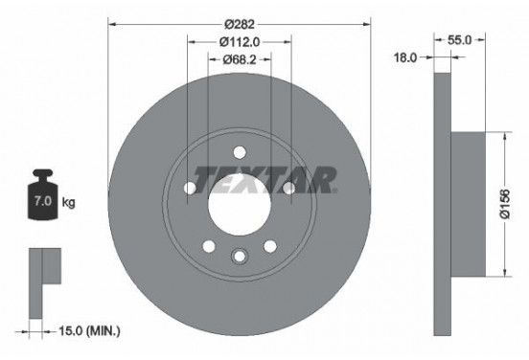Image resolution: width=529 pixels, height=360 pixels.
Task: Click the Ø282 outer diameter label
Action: pyautogui.click(x=239, y=24)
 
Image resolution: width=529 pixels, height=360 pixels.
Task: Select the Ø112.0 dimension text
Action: pyautogui.click(x=240, y=42)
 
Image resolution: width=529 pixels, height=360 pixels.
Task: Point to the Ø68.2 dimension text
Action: pyautogui.click(x=240, y=60)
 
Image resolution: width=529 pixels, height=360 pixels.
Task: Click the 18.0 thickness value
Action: pyautogui.click(x=406, y=57)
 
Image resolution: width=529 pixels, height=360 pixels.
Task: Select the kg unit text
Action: pyautogui.click(x=69, y=204)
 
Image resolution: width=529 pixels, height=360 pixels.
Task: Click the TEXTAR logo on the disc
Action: pyautogui.click(x=264, y=179)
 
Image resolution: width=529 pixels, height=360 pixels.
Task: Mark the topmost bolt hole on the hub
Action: pyautogui.click(x=239, y=149)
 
